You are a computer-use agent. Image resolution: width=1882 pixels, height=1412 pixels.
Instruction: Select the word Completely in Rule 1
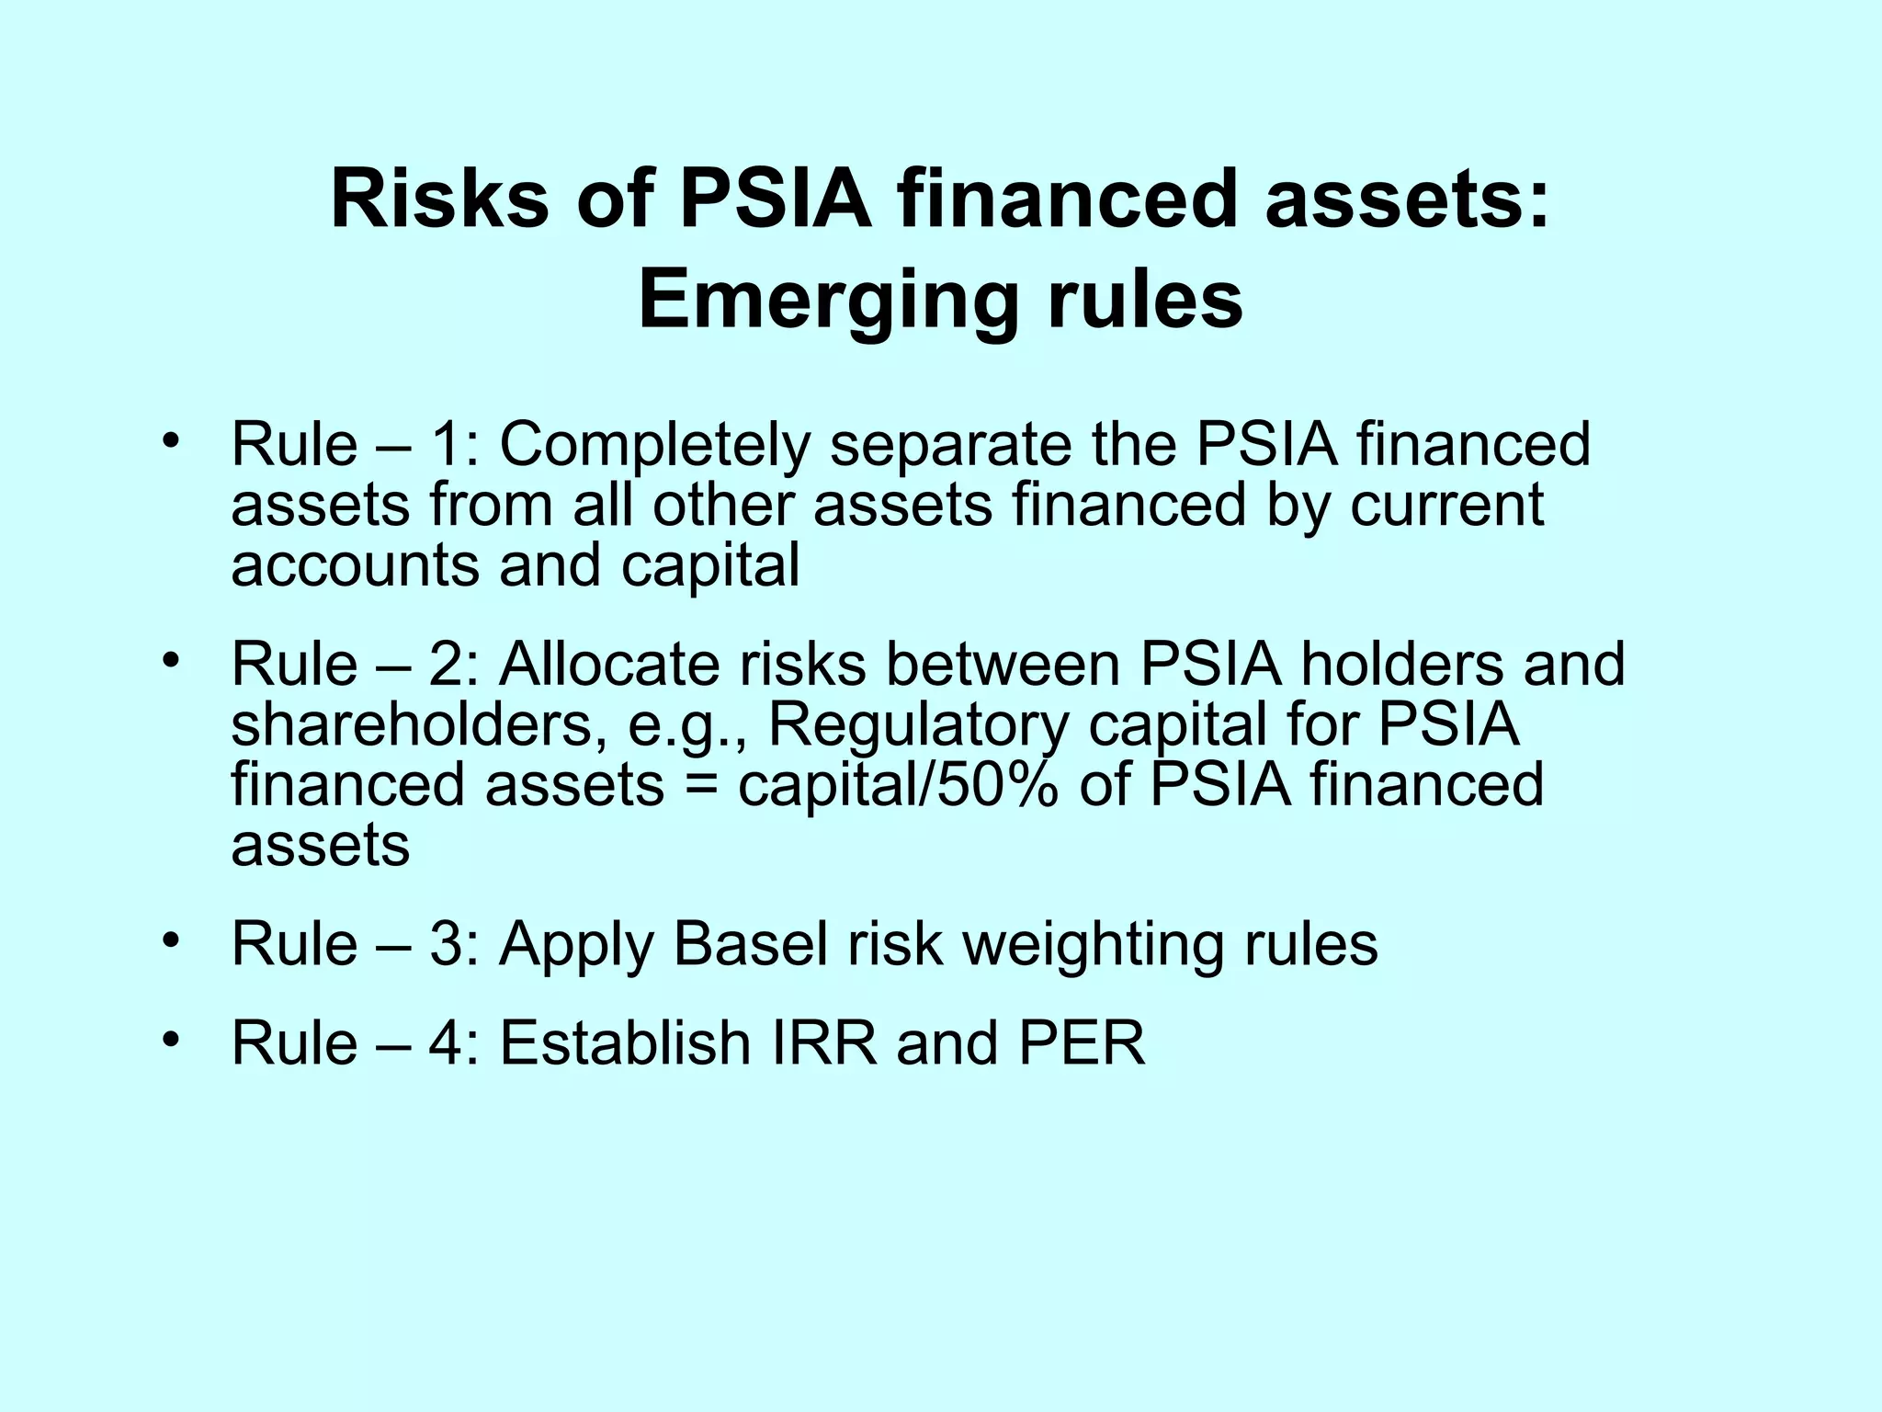(654, 445)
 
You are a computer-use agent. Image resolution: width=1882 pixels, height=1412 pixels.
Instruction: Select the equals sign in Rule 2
(701, 788)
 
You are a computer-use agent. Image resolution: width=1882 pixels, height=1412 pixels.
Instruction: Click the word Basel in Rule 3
(750, 944)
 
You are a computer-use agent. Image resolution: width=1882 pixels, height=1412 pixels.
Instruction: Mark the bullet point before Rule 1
(170, 441)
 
